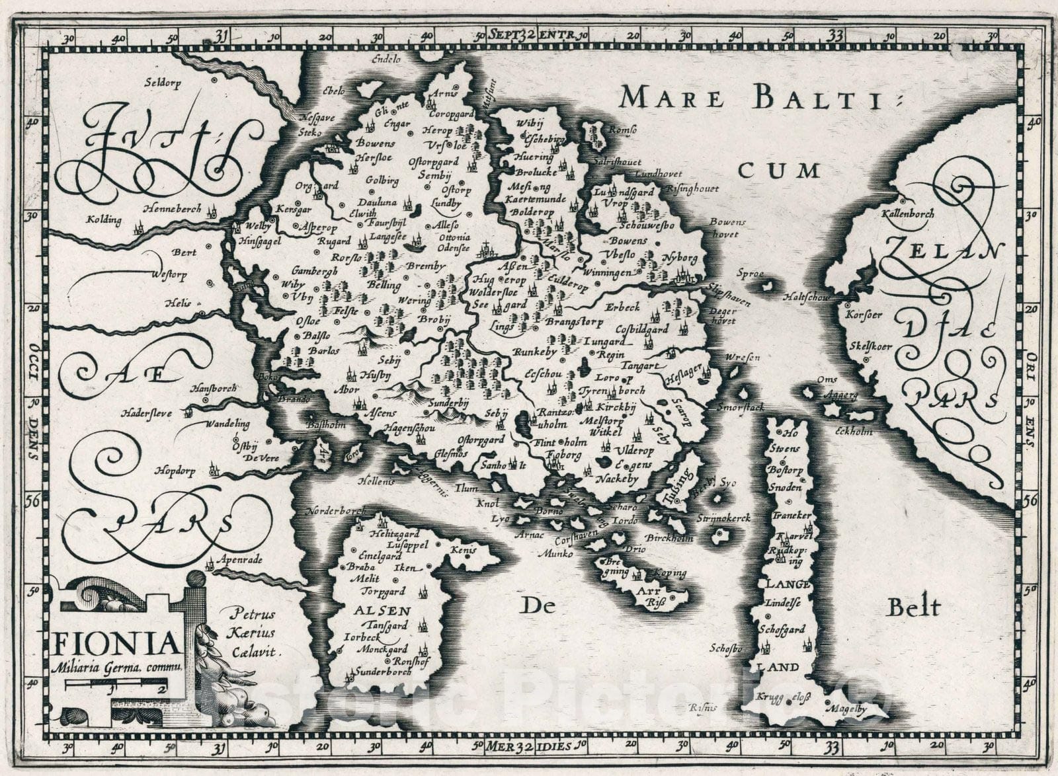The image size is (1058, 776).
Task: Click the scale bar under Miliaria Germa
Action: coord(116,687)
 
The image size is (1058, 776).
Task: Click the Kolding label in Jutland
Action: coord(104,219)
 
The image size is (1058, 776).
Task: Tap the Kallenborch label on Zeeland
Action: coord(907,213)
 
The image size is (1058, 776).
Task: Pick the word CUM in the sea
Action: coord(778,171)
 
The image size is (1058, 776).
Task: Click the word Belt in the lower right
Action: coord(913,607)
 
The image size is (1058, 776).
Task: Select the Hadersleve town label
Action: coord(145,413)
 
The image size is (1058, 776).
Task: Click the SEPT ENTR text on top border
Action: coord(532,34)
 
